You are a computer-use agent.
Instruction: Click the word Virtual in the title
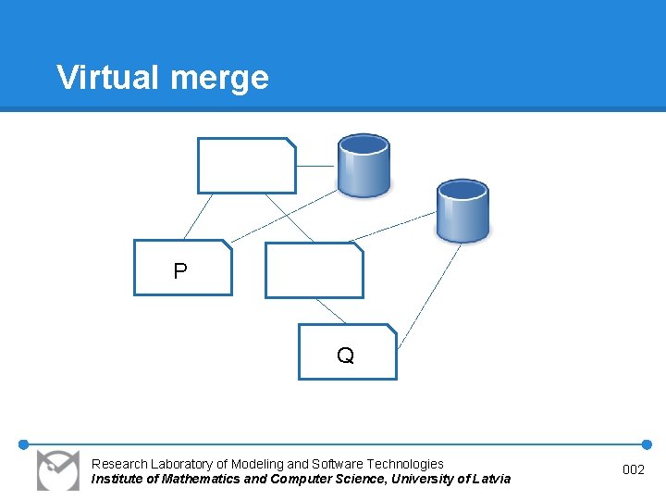(107, 77)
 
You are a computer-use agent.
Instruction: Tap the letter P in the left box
(180, 271)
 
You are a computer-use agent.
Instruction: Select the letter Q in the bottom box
(345, 356)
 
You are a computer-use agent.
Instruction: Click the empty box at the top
(246, 165)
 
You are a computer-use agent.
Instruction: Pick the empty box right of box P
(314, 270)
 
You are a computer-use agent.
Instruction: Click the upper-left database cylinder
(364, 165)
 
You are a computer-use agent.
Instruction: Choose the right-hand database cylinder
(462, 211)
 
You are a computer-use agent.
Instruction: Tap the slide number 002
(634, 470)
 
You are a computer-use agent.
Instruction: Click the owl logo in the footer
(57, 469)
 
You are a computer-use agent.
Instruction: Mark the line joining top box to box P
(199, 217)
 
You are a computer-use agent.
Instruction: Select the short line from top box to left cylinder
(315, 167)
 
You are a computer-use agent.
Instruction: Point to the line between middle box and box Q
(330, 311)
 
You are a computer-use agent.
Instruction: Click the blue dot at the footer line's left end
(24, 444)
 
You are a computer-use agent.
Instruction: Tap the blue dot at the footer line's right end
(647, 444)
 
